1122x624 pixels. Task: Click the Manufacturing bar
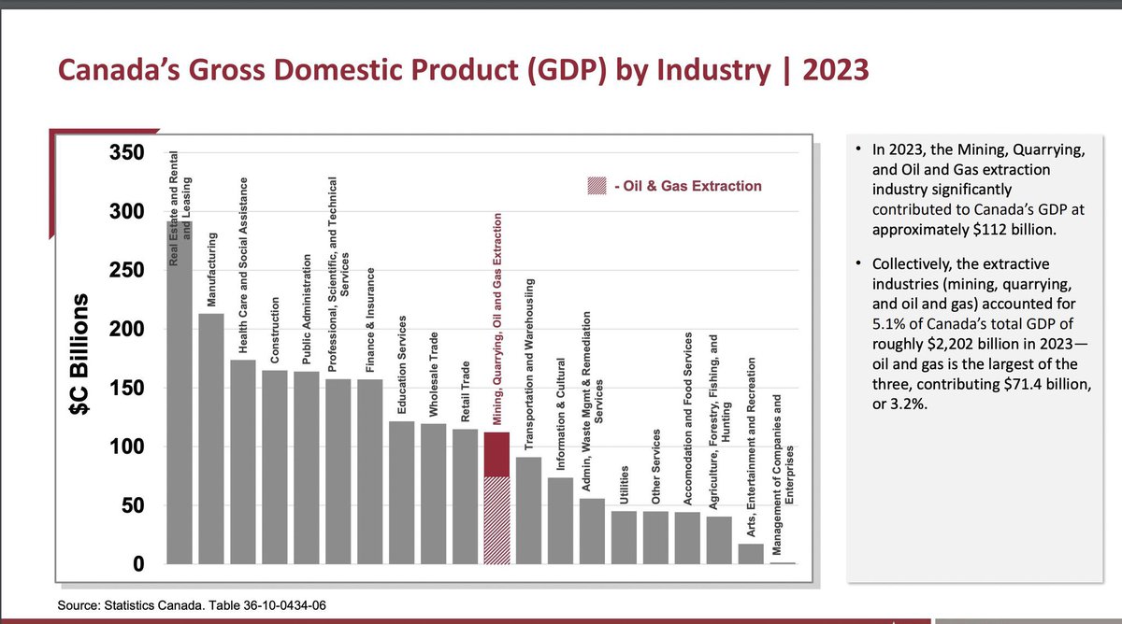coord(211,439)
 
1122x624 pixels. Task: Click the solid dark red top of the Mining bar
coord(496,454)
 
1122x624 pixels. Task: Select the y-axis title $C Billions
coord(82,360)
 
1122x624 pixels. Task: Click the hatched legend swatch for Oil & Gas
coord(596,186)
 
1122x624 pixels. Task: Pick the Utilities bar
coord(624,537)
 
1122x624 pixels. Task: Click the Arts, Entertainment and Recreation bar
coord(751,553)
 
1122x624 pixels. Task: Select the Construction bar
coord(275,467)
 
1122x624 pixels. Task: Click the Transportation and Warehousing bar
coord(528,510)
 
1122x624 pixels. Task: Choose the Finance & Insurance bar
coord(370,472)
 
